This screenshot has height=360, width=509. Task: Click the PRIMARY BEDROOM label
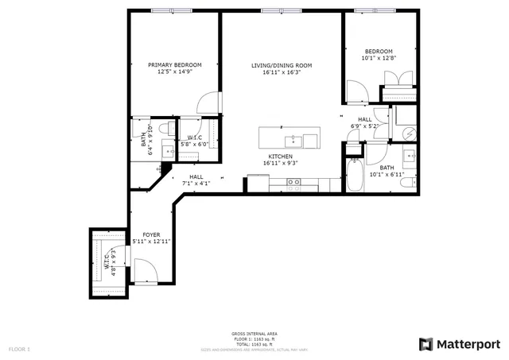click(x=174, y=64)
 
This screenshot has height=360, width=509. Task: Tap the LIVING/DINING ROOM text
click(x=282, y=64)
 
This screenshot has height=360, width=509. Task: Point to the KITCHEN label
click(x=281, y=157)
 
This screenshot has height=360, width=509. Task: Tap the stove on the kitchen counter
click(x=293, y=184)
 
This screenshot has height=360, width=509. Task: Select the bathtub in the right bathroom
click(x=355, y=174)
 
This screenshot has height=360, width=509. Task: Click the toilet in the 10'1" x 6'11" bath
click(x=406, y=183)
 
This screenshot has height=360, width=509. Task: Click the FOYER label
click(x=151, y=234)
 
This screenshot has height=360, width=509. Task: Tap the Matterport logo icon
click(x=426, y=344)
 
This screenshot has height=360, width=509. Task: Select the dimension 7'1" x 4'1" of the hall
click(x=196, y=184)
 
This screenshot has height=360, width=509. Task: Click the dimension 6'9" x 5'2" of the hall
click(x=365, y=126)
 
